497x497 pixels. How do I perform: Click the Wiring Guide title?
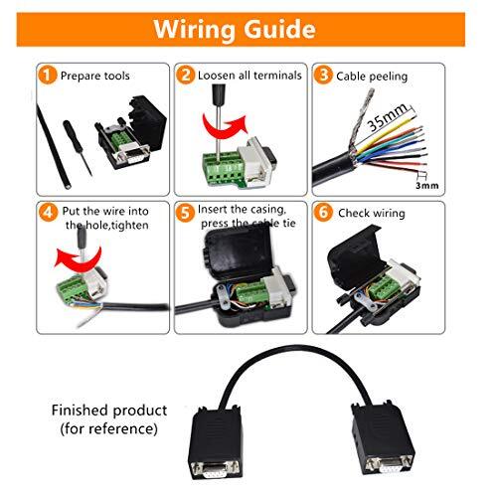(248, 28)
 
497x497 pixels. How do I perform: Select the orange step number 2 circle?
(186, 75)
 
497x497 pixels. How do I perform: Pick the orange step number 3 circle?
(323, 75)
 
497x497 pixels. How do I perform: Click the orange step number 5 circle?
(186, 211)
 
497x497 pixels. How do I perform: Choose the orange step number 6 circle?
(323, 211)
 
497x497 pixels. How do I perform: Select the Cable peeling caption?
(374, 76)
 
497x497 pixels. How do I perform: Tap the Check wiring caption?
(374, 212)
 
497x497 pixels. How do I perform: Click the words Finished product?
(109, 410)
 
